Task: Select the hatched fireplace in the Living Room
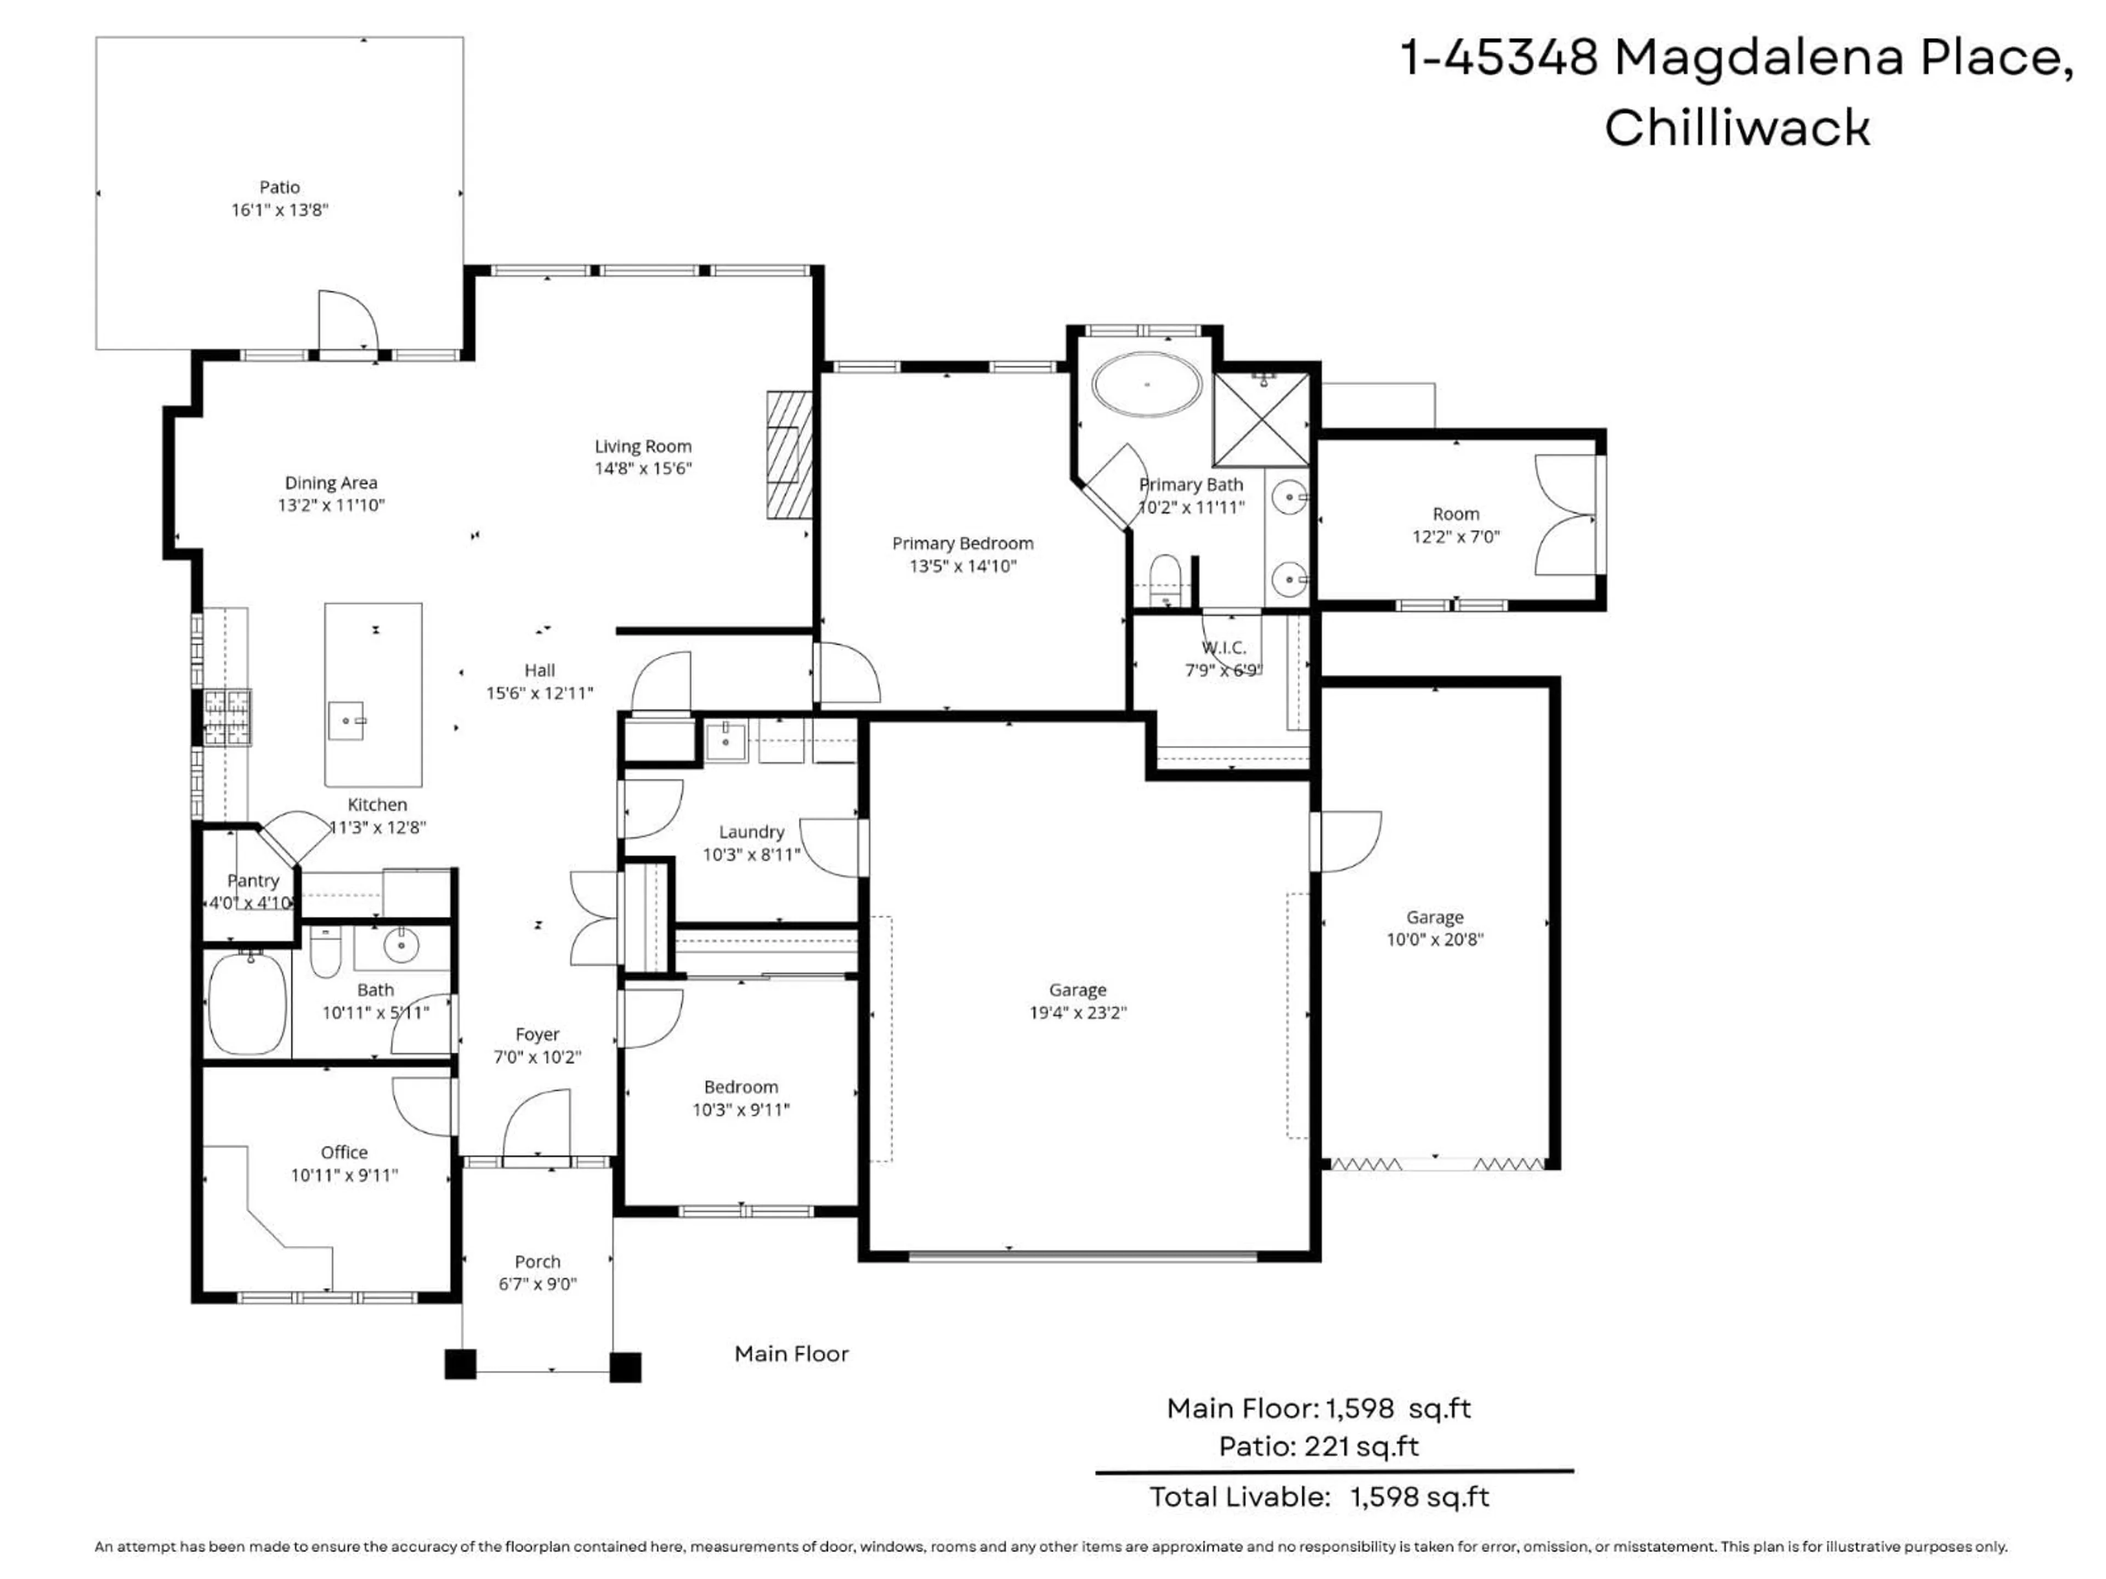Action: coord(789,455)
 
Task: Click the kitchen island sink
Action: coord(347,720)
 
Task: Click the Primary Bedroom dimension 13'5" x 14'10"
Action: coord(963,566)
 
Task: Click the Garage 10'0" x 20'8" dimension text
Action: coord(1435,939)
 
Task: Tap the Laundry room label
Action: coord(751,832)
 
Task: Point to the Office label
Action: coord(344,1152)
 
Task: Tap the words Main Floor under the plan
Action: coord(791,1354)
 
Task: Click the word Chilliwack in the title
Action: coord(1736,128)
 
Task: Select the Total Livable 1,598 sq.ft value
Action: coord(1419,1497)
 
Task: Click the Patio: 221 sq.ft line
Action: coord(1318,1447)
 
